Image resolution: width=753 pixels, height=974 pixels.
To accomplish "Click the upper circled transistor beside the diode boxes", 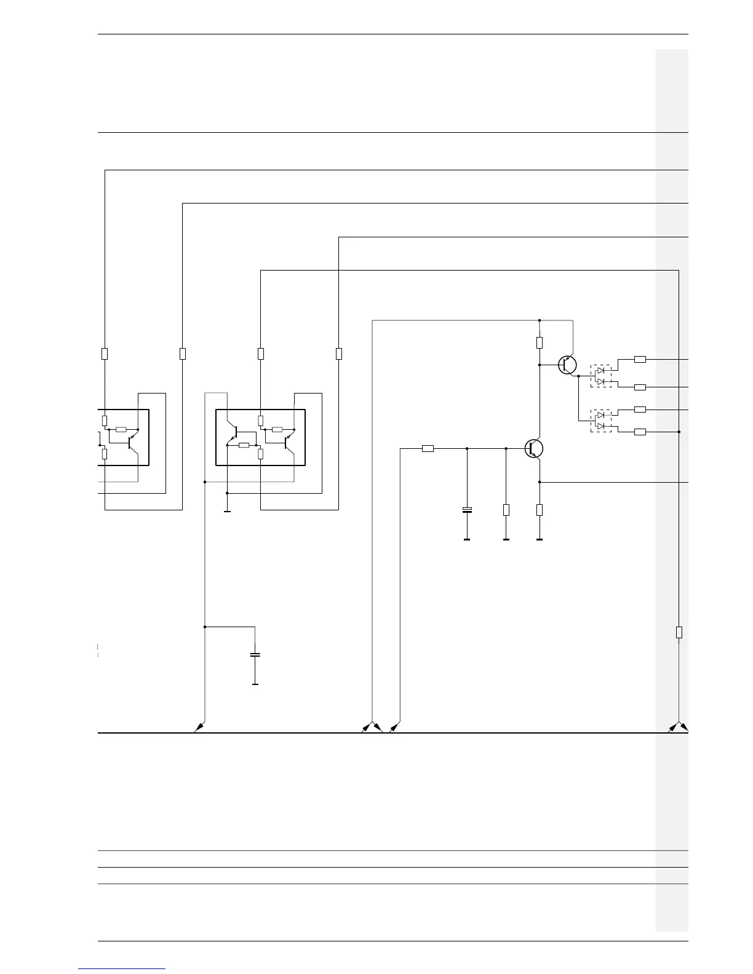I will coord(568,365).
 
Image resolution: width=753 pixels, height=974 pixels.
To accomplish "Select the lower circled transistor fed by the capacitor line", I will coord(534,449).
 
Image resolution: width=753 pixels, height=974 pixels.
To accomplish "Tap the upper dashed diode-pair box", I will coord(601,376).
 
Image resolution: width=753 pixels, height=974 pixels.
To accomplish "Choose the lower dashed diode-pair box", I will coord(601,421).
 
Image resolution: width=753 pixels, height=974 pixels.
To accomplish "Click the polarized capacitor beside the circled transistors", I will coord(467,510).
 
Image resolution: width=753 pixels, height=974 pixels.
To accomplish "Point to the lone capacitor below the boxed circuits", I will coord(255,655).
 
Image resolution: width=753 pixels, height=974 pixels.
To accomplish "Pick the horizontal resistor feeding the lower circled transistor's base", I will coord(428,449).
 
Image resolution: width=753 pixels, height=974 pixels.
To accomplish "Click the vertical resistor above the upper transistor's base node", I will coord(540,342).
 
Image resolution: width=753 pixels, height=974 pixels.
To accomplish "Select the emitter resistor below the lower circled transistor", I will coord(540,510).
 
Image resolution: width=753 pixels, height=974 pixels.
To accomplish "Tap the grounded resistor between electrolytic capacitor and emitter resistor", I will coord(506,510).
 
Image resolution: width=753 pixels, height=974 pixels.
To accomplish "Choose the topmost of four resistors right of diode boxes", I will coord(640,359).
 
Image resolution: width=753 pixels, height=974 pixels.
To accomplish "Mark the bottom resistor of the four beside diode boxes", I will coord(640,432).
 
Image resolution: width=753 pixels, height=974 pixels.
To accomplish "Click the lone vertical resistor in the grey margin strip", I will coord(679,632).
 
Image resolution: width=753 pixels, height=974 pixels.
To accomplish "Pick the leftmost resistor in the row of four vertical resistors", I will coord(105,354).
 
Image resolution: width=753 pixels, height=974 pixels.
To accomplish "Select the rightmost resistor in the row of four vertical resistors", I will coord(338,354).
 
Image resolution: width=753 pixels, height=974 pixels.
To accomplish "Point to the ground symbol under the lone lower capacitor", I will coord(255,684).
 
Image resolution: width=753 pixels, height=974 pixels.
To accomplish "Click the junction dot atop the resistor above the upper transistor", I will coord(540,320).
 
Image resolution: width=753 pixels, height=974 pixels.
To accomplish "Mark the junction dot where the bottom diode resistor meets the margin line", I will coord(679,432).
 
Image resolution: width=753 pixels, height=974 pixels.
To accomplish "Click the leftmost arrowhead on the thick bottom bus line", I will coord(197,729).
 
